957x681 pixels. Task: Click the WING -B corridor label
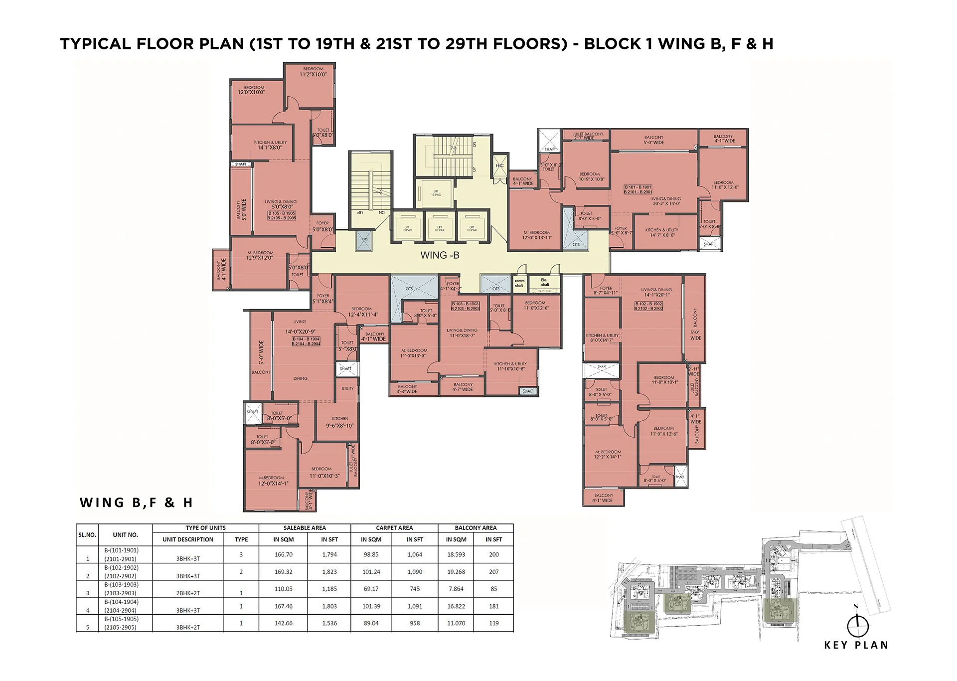[x=440, y=255]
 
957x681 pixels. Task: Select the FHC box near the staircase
[x=499, y=166]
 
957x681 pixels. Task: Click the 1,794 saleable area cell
[x=329, y=554]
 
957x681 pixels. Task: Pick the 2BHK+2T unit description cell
[x=188, y=593]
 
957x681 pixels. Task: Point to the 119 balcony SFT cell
[x=493, y=623]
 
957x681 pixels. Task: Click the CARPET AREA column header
[x=394, y=528]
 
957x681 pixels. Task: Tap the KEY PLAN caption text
[x=856, y=645]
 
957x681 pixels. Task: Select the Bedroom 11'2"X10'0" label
[x=313, y=72]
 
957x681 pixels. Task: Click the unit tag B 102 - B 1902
[x=648, y=306]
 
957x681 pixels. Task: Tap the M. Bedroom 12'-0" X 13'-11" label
[x=537, y=235]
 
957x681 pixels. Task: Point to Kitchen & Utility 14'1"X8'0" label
[x=270, y=145]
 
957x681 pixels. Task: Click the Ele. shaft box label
[x=544, y=282]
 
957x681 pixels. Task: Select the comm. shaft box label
[x=519, y=283]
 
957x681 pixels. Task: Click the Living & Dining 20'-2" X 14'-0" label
[x=665, y=201]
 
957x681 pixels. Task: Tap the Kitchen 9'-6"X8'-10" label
[x=340, y=423]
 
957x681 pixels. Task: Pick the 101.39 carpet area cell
[x=371, y=606]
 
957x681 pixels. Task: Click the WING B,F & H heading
[x=136, y=503]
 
